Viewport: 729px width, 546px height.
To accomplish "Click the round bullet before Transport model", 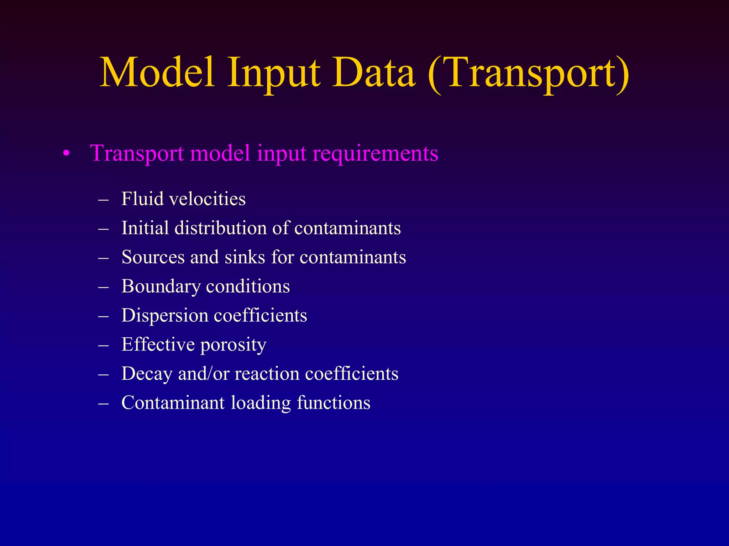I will point(65,154).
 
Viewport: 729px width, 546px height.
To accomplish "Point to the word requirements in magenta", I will point(375,154).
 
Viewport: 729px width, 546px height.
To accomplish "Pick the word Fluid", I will point(142,198).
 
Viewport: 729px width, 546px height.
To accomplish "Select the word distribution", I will point(220,227).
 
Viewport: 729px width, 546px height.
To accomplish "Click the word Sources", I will point(153,257).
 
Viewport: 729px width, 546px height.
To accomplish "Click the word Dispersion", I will point(165,315).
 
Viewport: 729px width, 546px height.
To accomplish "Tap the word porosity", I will point(233,345).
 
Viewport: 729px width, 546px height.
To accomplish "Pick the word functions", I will point(334,403).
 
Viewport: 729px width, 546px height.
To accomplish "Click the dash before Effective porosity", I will point(103,345).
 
